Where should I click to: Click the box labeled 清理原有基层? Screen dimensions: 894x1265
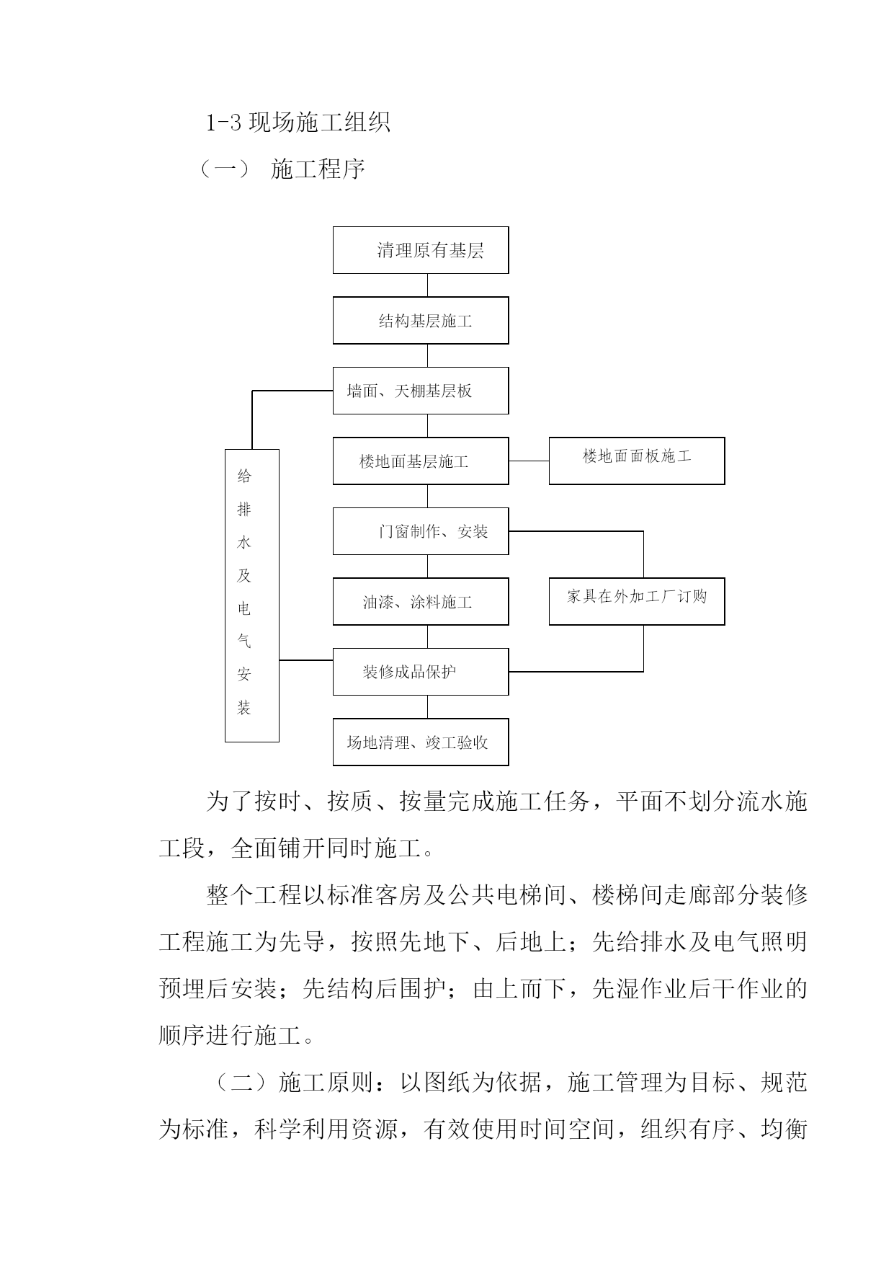[421, 250]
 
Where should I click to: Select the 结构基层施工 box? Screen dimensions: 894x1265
[421, 321]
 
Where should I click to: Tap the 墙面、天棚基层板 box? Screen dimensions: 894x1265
[421, 391]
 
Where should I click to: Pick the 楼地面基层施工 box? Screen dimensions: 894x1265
[421, 461]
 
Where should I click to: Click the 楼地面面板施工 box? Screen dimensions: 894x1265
[637, 461]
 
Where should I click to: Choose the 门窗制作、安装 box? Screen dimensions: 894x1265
[421, 531]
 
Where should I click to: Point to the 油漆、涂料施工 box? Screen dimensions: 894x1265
[421, 601]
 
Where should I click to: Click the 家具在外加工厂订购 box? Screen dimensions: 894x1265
[637, 601]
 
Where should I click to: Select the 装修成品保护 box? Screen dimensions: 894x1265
[421, 672]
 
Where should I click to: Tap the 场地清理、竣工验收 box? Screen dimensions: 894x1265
[421, 742]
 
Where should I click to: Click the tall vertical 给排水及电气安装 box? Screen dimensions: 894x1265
[252, 595]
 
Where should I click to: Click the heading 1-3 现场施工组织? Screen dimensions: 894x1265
[298, 123]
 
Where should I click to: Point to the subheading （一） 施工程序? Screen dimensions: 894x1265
[282, 169]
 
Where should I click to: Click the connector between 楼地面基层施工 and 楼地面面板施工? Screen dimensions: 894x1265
[529, 461]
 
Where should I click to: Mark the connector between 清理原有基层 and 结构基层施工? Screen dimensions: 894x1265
[427, 285]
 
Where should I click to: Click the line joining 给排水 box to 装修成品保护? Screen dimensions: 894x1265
[306, 660]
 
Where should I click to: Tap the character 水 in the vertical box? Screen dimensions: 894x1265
[244, 543]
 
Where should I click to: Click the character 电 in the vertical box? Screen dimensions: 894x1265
[244, 609]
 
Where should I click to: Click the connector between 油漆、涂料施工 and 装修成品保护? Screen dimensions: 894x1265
[427, 636]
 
